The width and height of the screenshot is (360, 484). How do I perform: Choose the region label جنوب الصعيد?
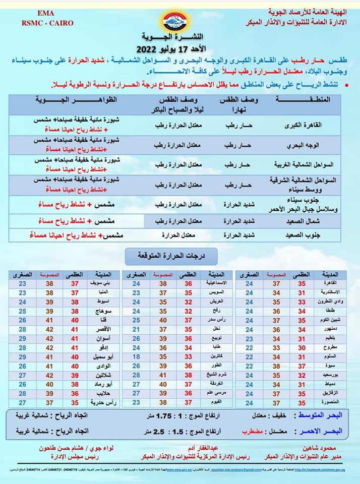point(310,235)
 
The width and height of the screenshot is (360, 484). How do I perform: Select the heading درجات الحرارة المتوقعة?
point(171,256)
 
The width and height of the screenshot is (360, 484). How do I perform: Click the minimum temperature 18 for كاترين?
point(136,356)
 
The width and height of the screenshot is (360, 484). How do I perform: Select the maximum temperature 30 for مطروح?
point(302,347)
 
